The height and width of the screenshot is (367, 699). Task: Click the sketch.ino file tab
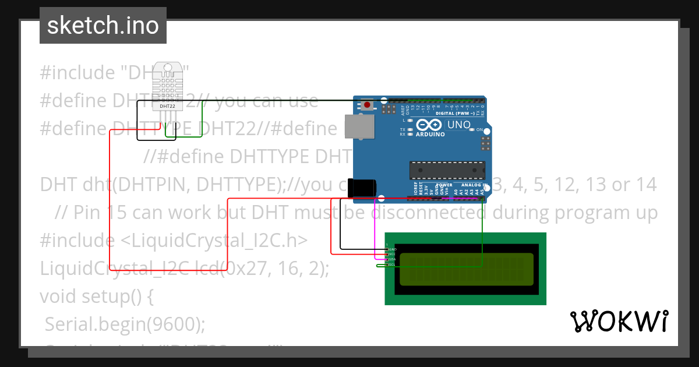[103, 26]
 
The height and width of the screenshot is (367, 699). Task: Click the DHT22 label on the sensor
[168, 107]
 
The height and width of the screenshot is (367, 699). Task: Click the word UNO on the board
[459, 125]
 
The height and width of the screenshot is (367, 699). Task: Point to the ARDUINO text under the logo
[430, 135]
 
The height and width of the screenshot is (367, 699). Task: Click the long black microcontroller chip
[447, 170]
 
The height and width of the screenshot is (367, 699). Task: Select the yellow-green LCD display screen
[466, 269]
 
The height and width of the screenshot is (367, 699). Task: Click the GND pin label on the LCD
[393, 249]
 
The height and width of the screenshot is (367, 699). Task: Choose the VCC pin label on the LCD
[393, 255]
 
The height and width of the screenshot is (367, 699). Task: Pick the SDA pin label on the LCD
[393, 260]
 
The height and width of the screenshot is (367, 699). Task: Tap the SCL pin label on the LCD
[393, 264]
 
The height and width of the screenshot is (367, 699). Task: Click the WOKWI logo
[619, 321]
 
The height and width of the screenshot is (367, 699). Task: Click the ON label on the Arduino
[479, 129]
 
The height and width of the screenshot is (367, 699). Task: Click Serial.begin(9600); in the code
[125, 324]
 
